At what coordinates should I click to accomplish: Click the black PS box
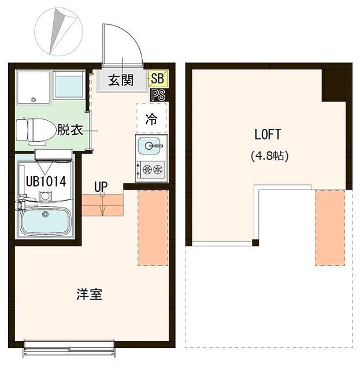tap(157, 94)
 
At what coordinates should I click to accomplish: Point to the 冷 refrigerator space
tap(151, 119)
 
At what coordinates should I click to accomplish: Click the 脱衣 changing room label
tap(69, 130)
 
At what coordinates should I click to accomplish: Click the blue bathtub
tap(46, 220)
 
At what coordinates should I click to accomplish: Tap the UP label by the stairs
tap(102, 186)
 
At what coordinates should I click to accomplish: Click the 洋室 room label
tap(90, 294)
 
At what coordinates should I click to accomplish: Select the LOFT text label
tap(268, 134)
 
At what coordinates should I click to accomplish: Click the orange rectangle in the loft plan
tap(330, 227)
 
